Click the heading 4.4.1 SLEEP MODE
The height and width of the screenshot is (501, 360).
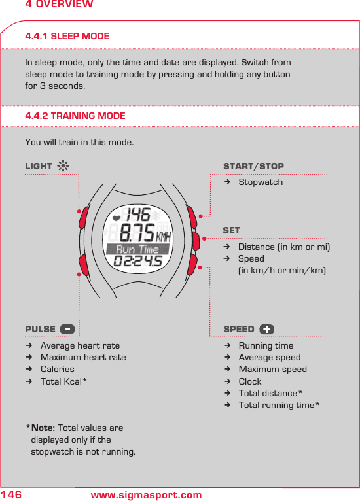67,36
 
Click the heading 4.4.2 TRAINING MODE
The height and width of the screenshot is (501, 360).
75,116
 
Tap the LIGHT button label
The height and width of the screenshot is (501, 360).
39,166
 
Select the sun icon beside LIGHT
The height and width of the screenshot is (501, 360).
63,166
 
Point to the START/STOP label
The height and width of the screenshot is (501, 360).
253,166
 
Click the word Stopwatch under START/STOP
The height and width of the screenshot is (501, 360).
261,182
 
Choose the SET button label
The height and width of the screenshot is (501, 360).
232,230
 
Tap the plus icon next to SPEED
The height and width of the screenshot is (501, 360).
266,329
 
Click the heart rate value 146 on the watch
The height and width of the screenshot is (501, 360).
138,215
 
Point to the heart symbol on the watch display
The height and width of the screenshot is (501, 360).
117,216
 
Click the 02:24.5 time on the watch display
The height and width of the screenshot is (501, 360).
138,262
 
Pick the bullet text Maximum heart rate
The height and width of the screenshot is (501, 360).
83,357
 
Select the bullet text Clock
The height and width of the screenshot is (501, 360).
250,381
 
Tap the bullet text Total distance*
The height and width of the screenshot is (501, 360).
270,393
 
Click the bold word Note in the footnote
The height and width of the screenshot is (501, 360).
43,428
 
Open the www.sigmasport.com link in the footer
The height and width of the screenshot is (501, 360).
146,495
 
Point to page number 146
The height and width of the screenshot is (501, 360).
12,495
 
